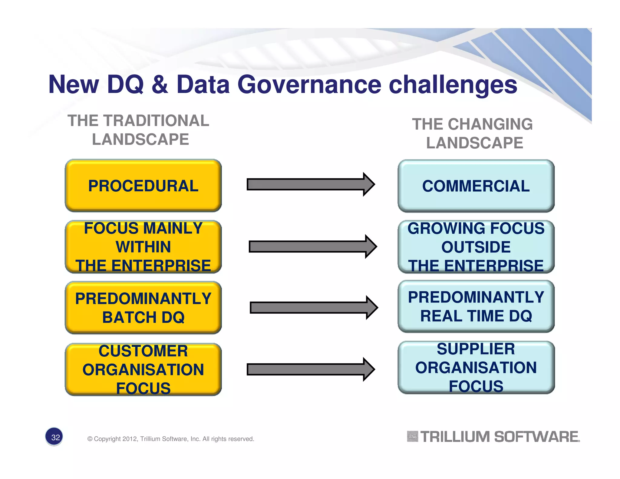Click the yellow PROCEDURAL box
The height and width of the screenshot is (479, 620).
click(143, 185)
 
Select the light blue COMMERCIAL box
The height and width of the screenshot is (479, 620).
click(476, 186)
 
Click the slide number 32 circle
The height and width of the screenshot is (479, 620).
click(54, 437)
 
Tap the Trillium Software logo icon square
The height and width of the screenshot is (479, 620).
click(412, 437)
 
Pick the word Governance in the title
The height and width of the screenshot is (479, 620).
click(309, 85)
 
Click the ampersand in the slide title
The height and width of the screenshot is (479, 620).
click(160, 85)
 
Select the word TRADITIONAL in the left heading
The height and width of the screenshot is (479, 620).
click(157, 121)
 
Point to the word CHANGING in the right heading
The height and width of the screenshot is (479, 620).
click(490, 124)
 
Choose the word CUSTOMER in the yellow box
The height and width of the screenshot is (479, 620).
click(143, 351)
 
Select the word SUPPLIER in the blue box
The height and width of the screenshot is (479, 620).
click(476, 349)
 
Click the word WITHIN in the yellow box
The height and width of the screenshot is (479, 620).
click(143, 247)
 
